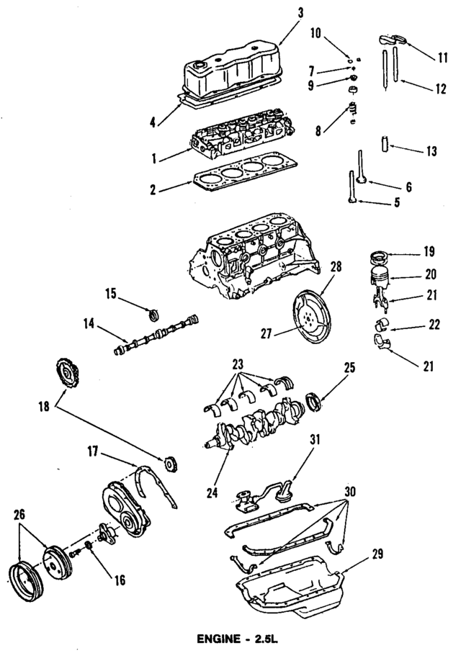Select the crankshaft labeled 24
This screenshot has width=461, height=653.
coord(252,425)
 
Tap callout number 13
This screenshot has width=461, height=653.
coord(431,151)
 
